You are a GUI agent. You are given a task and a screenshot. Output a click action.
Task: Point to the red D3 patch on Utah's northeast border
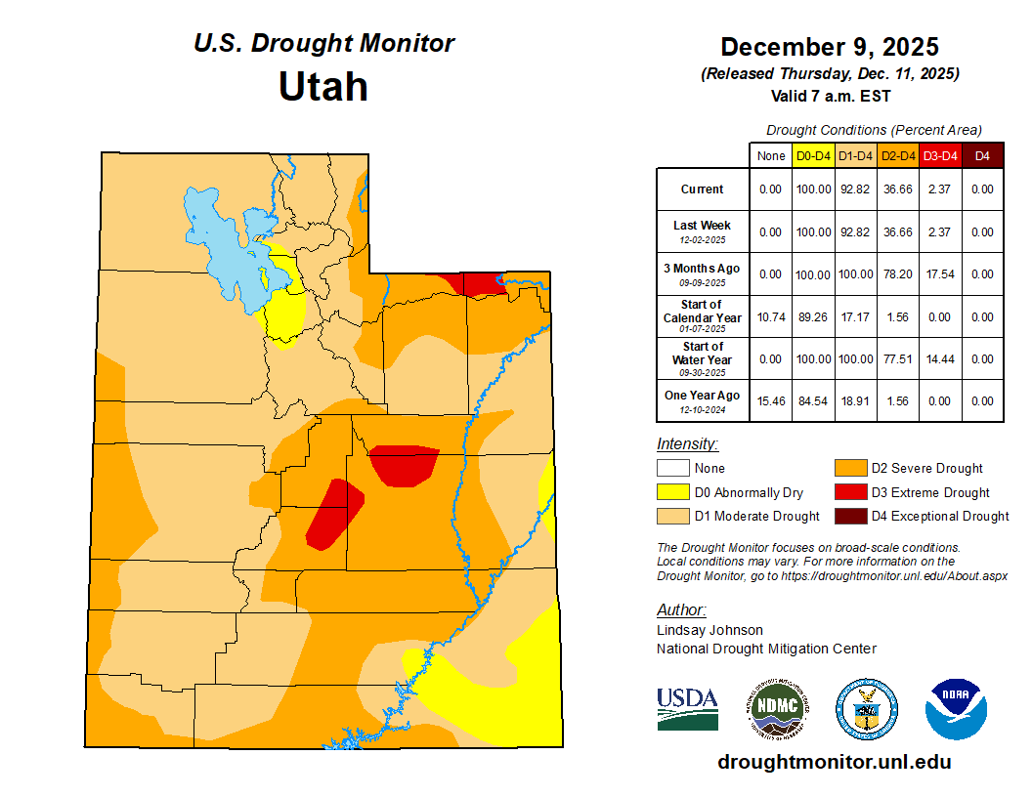(x=483, y=283)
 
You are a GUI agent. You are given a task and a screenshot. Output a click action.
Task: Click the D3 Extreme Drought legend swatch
(x=849, y=492)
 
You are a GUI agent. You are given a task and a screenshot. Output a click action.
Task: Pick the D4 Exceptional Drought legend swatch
(x=849, y=516)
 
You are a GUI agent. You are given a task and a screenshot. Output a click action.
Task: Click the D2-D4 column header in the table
(x=898, y=155)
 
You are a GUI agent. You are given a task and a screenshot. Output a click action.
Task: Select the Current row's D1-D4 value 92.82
(x=856, y=189)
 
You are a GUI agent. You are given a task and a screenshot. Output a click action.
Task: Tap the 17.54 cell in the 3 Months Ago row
(x=940, y=274)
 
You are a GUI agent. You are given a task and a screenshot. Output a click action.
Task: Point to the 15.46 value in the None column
(x=770, y=400)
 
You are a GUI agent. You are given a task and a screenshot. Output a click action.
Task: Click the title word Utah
(x=322, y=87)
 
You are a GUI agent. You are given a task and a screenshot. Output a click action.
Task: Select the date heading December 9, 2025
(x=830, y=47)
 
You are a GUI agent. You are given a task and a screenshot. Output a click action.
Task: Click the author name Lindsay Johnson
(x=709, y=630)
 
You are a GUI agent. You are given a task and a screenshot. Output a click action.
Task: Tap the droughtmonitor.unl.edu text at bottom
(x=834, y=762)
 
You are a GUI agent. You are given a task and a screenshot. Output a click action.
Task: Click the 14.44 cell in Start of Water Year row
(x=940, y=359)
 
